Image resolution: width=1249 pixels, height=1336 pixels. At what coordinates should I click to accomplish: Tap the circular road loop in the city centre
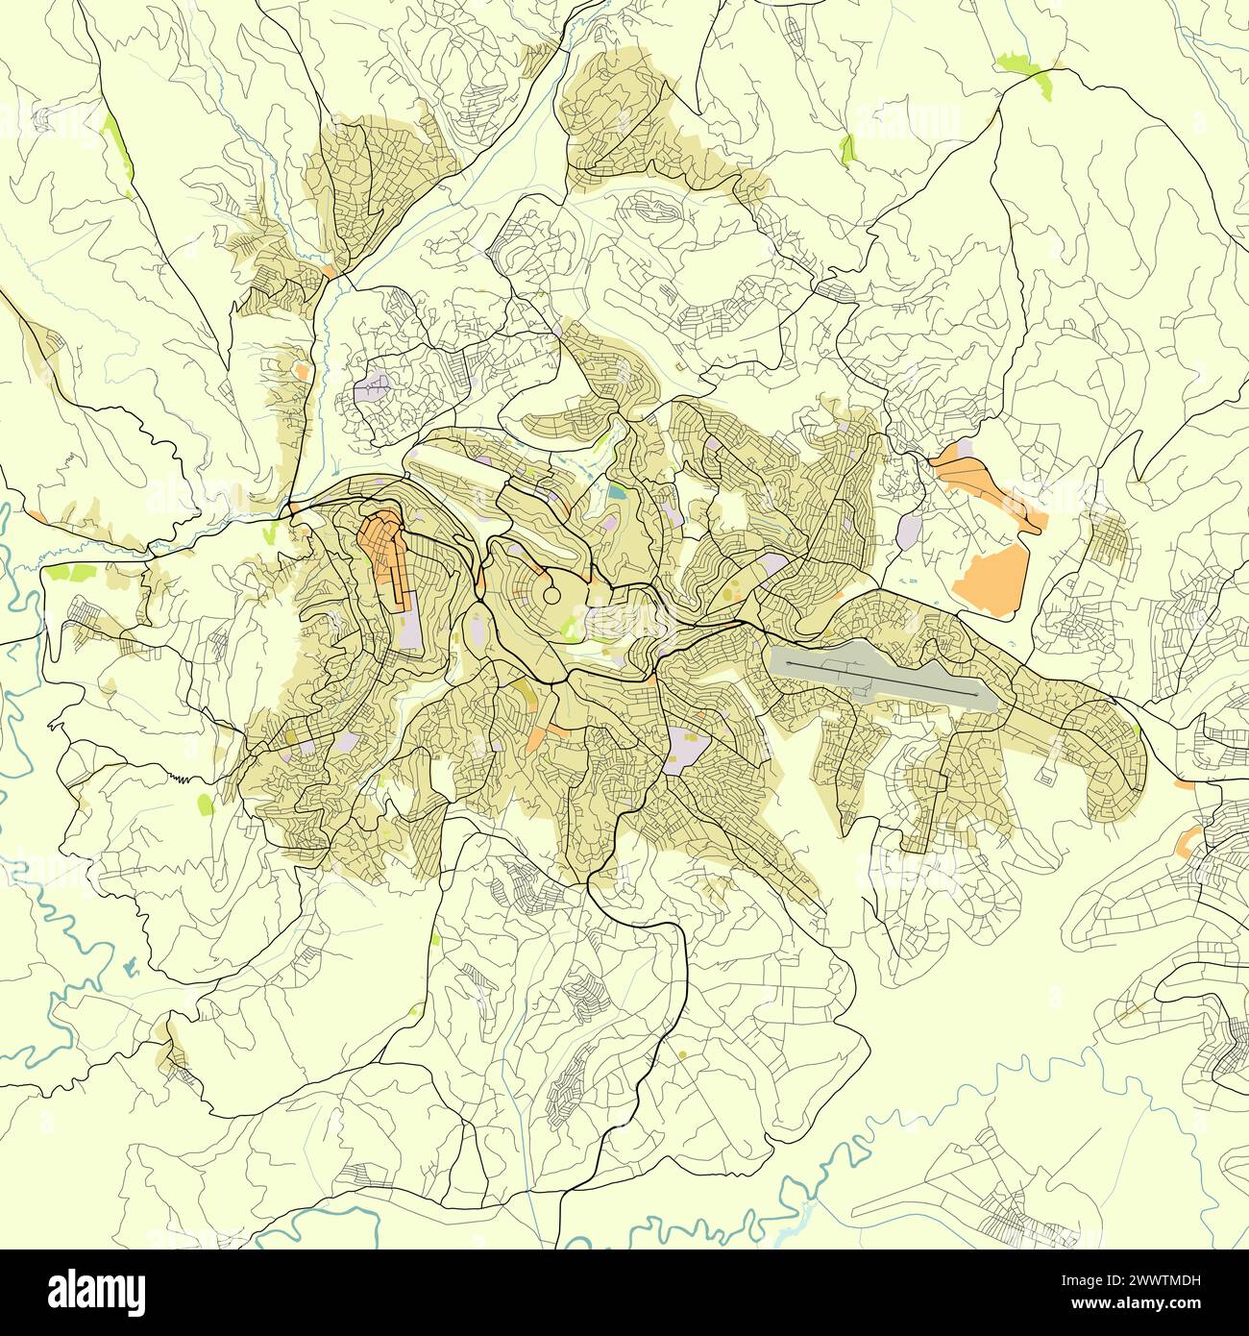tap(552, 596)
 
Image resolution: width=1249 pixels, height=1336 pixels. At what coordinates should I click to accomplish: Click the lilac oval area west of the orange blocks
tap(907, 531)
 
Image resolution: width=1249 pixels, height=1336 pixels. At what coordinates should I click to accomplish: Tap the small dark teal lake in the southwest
tap(131, 943)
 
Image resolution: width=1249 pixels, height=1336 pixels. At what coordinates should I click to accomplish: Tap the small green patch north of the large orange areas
tap(846, 149)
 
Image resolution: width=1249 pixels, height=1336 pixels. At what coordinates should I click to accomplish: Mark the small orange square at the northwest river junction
tap(330, 272)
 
